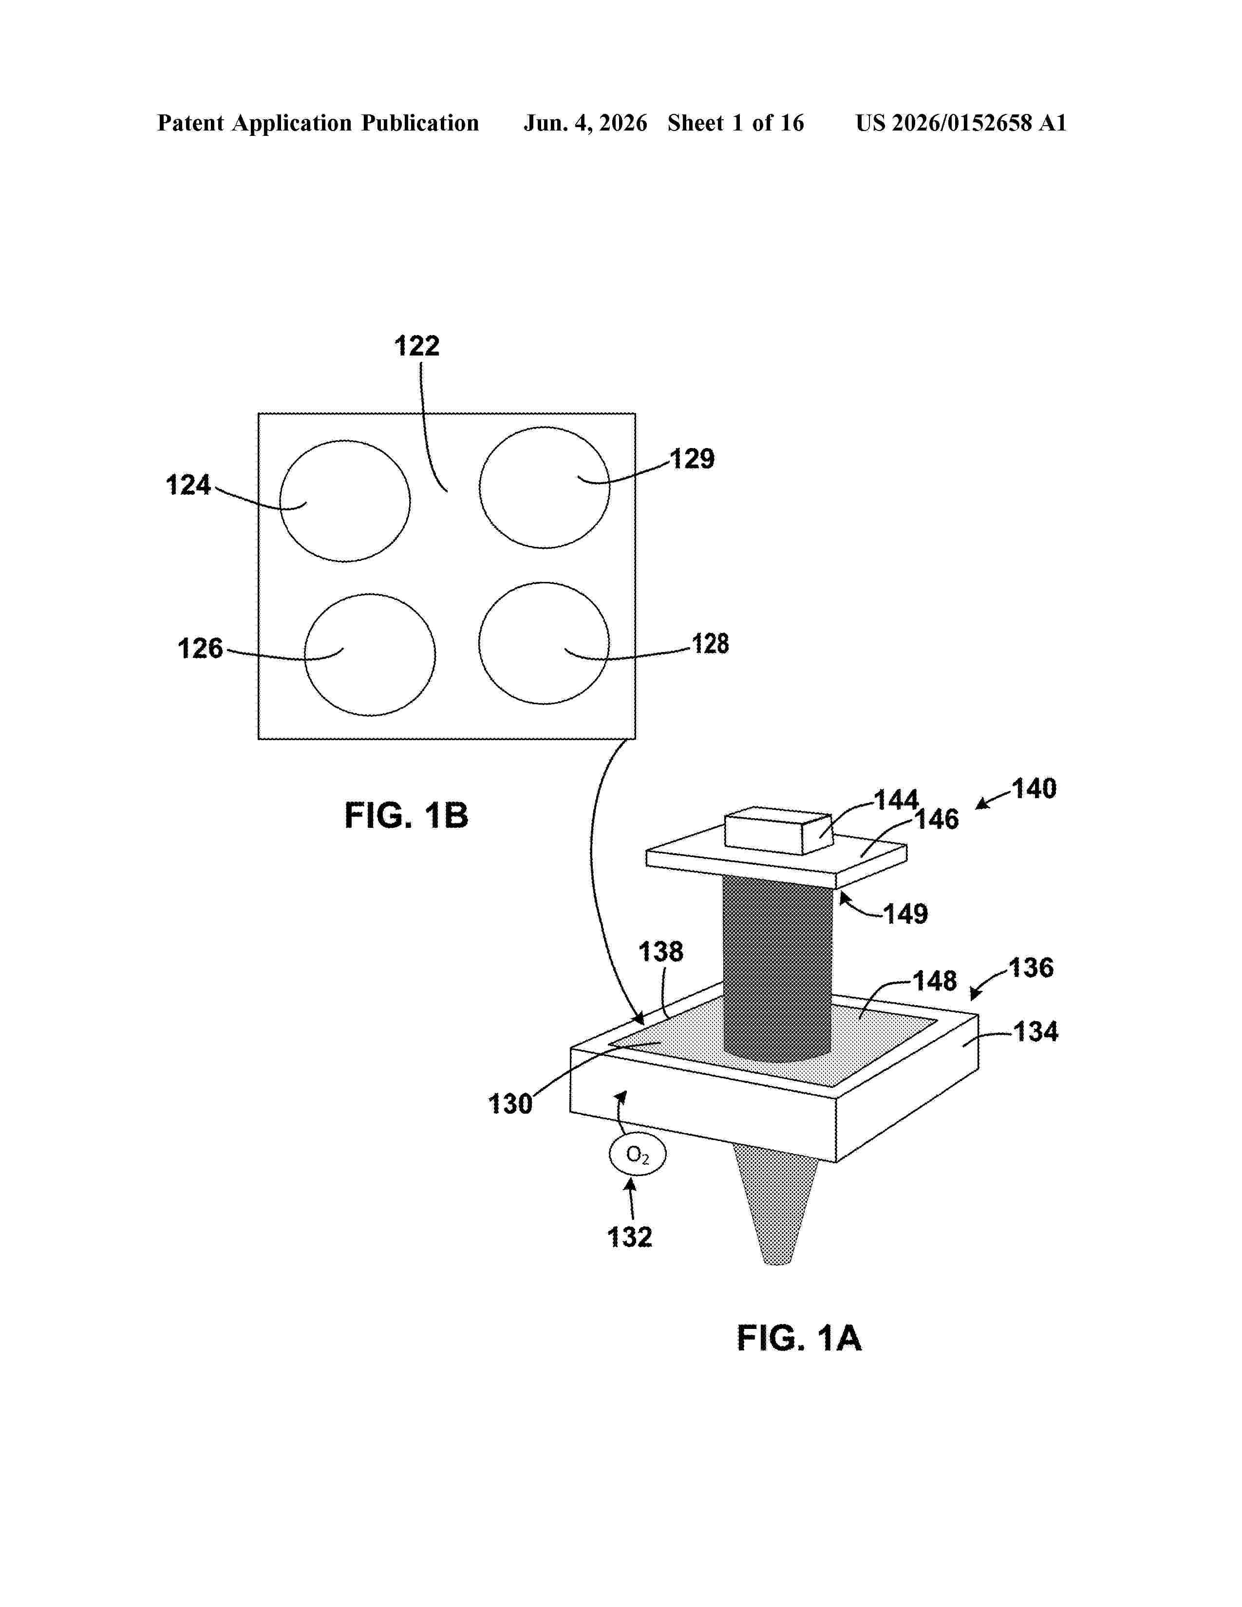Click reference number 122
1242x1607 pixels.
tap(416, 346)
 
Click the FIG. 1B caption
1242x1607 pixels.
tap(406, 816)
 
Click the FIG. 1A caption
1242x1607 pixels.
tap(799, 1338)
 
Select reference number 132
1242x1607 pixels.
tap(630, 1237)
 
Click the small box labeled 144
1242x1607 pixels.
tap(778, 830)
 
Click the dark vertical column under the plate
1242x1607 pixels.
tap(778, 968)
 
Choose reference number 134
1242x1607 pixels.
tap(1036, 1031)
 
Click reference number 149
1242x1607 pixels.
tap(906, 914)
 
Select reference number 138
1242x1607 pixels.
tap(661, 952)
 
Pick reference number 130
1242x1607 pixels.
tap(510, 1103)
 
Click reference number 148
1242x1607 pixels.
tap(935, 980)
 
